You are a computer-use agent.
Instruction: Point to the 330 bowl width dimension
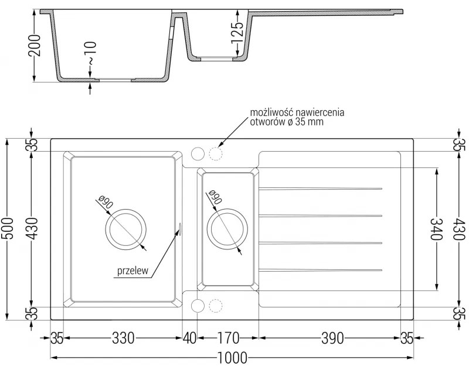point(122,338)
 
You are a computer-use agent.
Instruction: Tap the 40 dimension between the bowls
point(189,338)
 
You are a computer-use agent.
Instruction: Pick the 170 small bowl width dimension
point(227,338)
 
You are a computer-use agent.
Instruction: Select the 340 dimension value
point(436,229)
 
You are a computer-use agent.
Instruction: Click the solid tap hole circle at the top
point(198,153)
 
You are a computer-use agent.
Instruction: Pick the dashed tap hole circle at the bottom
point(216,306)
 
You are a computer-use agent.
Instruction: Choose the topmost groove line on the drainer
point(321,189)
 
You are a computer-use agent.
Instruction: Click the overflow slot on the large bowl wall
point(179,229)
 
